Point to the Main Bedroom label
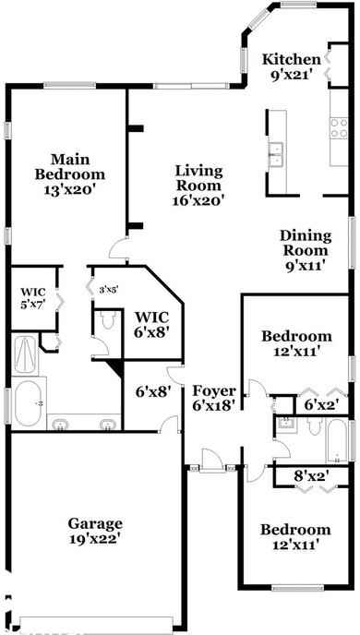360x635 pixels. tap(69, 166)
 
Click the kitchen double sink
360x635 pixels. tap(275, 153)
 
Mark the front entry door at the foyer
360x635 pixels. tap(213, 467)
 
